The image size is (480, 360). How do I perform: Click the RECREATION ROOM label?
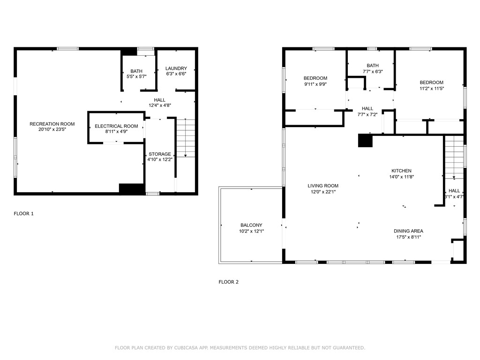click(52, 124)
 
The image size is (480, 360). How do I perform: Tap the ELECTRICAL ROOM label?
click(116, 126)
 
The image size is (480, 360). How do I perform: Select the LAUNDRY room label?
click(176, 68)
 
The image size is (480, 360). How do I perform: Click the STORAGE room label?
click(160, 154)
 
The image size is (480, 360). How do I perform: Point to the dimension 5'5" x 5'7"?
click(136, 77)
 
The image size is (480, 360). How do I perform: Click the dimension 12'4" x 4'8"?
click(159, 105)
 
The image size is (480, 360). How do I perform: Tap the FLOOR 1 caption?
click(23, 214)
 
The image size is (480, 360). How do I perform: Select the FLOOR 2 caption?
click(229, 282)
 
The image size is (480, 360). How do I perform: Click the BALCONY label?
click(251, 225)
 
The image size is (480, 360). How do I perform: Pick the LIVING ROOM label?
click(323, 186)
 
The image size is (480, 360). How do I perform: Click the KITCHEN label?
click(402, 171)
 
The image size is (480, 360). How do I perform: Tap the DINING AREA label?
click(408, 231)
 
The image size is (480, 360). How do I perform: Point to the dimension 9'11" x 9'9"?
click(315, 84)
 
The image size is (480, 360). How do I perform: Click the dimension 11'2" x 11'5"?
click(431, 88)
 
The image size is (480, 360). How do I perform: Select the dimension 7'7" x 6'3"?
click(373, 72)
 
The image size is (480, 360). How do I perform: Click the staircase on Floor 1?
click(186, 138)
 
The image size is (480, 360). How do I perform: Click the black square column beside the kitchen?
click(365, 141)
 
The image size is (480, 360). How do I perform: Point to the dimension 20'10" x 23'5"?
click(52, 129)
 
